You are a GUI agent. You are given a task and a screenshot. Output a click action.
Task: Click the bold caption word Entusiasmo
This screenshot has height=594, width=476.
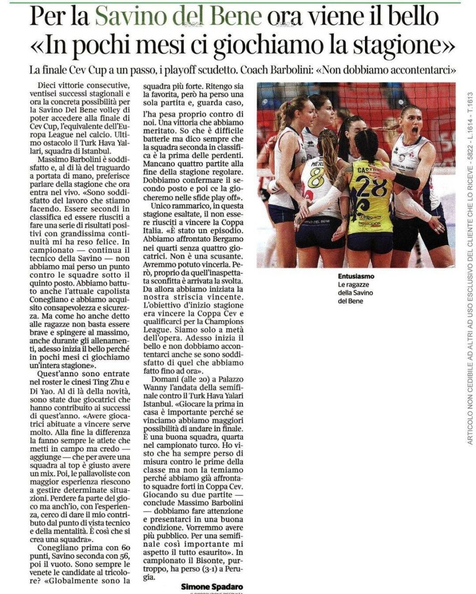[356, 276]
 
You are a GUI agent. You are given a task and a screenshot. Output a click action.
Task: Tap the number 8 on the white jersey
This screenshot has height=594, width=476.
[316, 177]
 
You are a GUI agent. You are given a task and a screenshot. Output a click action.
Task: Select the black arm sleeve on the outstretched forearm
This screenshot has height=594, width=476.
[406, 181]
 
